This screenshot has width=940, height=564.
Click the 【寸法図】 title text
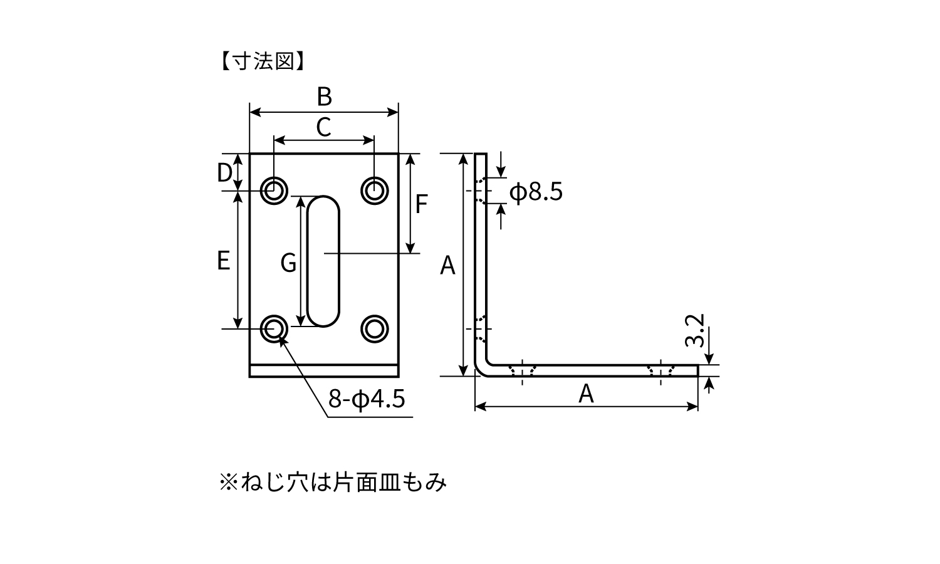point(263,61)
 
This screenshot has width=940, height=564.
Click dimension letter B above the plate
point(324,97)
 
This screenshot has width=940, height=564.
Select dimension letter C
point(323,127)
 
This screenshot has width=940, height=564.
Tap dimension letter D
point(224,172)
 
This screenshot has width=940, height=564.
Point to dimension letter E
point(224,260)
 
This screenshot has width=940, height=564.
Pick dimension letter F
point(421,204)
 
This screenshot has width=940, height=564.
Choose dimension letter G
point(288,263)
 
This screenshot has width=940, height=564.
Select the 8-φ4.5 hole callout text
point(367,399)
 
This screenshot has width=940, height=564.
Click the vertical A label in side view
point(447,266)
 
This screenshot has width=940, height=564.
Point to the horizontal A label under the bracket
point(586,394)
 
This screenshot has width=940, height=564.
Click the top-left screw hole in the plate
point(274,190)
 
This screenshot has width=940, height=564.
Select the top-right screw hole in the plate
point(375,190)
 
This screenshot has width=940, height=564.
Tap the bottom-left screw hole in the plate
point(274,328)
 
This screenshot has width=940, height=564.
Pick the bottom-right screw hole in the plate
point(375,328)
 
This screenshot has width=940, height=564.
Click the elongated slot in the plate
point(324,260)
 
